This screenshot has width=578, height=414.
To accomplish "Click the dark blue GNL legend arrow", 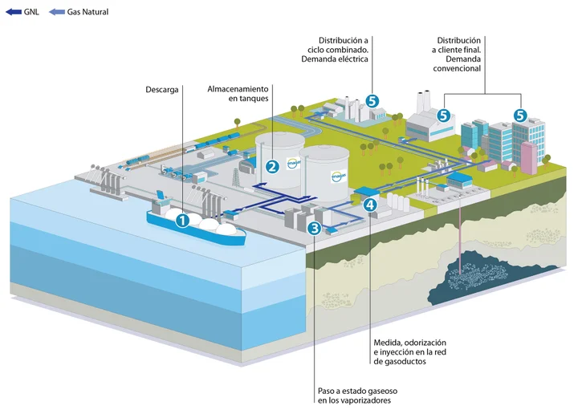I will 13,12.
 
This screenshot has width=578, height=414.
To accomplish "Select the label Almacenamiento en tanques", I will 238,92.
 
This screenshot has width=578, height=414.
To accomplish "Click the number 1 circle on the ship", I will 182,218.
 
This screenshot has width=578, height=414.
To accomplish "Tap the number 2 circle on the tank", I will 272,167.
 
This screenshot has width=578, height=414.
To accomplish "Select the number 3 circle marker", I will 315,229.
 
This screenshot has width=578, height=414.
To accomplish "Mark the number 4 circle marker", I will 368,205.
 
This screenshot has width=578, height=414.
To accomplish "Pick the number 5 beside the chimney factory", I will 442,115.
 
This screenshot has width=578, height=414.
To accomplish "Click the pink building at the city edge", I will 529,157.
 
